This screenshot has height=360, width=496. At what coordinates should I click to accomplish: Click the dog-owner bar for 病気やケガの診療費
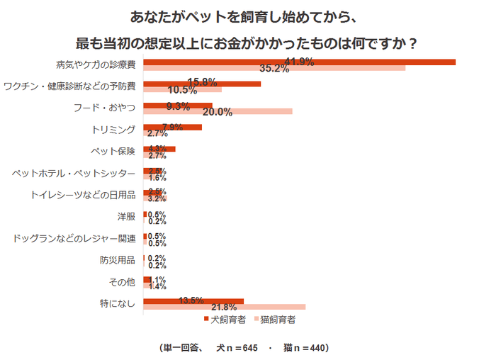tap(299, 62)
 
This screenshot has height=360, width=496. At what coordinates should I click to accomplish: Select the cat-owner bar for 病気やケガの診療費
tap(274, 68)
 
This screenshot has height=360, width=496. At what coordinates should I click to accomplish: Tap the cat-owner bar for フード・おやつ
tap(218, 111)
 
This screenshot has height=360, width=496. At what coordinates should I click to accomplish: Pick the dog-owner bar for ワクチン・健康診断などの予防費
tap(202, 84)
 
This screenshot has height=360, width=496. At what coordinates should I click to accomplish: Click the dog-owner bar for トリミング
tap(172, 128)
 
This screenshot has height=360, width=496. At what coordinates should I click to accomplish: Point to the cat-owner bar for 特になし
tap(224, 307)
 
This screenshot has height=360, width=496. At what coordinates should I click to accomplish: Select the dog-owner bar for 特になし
tap(193, 301)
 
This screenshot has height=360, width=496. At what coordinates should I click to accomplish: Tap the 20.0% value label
tap(218, 112)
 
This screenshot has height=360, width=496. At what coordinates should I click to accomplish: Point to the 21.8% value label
tap(224, 307)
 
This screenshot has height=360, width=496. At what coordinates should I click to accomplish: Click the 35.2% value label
tap(274, 69)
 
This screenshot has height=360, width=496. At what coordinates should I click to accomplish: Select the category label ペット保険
tap(113, 152)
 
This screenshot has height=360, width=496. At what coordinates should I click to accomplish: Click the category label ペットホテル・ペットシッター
tap(75, 174)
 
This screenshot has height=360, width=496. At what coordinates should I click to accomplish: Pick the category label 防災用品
tap(117, 260)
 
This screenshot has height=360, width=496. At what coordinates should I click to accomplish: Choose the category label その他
tap(121, 282)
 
